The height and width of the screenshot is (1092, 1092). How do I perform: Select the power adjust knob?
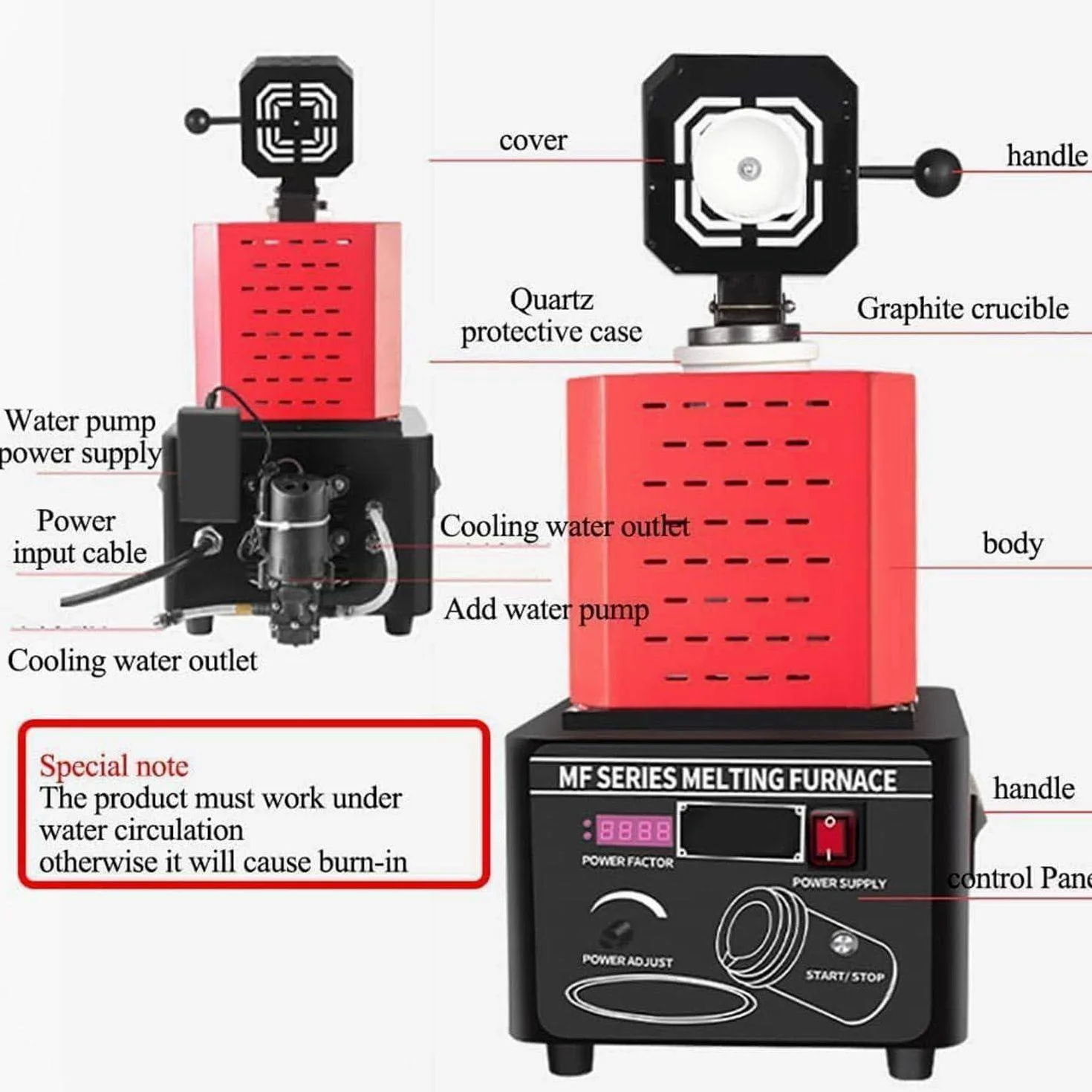coord(614,933)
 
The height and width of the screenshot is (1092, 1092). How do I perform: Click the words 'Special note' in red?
coord(114,766)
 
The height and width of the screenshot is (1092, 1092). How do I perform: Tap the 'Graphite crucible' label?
coord(962,309)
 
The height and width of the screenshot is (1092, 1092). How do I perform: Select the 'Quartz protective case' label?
coord(551,316)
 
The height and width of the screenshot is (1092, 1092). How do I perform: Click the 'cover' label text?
coord(533,140)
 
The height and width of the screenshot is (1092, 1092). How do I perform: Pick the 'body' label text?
coord(1013,544)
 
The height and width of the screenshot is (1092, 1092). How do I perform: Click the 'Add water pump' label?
coord(546,611)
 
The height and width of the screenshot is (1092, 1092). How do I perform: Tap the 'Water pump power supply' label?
coord(79,438)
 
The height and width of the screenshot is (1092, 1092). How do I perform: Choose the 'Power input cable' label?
coord(79,536)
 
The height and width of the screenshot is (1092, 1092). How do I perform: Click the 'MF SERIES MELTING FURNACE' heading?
coord(727,779)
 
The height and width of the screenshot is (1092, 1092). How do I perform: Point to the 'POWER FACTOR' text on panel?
coord(627,862)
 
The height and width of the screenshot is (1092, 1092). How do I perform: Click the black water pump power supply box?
coord(209,465)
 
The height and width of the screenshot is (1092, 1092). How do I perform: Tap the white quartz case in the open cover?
coord(746,165)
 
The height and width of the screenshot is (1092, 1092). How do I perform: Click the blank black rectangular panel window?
coord(741,831)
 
